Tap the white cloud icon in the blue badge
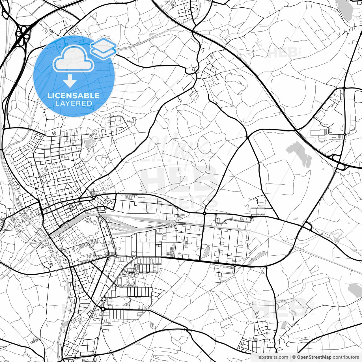(x=73, y=59)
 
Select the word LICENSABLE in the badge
(x=74, y=96)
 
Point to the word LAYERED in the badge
(x=74, y=103)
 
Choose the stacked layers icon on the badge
(x=103, y=48)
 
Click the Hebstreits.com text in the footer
(x=271, y=357)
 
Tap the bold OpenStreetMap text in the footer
(x=314, y=357)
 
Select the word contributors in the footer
(x=345, y=357)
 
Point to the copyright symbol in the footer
(x=294, y=357)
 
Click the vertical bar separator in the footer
(x=290, y=357)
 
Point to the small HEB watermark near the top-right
(x=283, y=52)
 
